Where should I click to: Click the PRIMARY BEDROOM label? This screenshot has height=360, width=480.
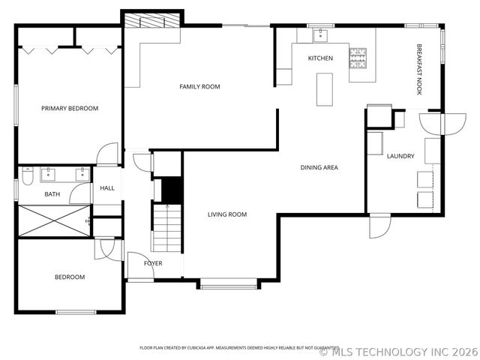[x=69, y=109]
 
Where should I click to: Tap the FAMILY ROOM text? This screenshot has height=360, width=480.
[x=199, y=87]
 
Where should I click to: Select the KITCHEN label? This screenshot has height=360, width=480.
[x=320, y=58]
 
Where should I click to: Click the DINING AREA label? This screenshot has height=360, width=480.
[x=319, y=167]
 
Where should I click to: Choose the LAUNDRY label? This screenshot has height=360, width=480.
[x=400, y=156]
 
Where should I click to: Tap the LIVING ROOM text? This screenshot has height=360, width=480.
[x=227, y=214]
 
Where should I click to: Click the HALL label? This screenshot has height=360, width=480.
[x=107, y=187]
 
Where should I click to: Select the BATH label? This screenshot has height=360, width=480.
[x=52, y=194]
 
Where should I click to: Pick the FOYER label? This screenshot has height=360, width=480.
[x=153, y=263]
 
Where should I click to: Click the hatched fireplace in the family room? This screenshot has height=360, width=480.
[x=153, y=20]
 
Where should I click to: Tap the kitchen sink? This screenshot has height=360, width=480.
[x=320, y=34]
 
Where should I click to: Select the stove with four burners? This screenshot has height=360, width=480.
[x=358, y=54]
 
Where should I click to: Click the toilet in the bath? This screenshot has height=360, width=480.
[x=26, y=176]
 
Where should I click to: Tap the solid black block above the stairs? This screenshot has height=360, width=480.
[x=172, y=190]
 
